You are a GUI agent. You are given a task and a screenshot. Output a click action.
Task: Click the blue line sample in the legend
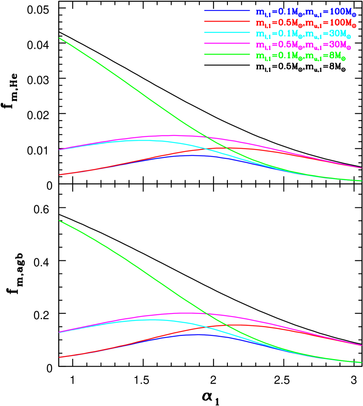pos(227,11)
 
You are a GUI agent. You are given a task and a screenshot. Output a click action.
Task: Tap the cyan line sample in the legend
pos(227,33)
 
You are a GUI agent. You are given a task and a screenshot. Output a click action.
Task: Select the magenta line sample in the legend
pos(227,44)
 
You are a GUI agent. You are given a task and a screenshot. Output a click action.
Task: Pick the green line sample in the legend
pos(227,55)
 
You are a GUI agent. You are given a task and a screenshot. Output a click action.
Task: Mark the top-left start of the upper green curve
pos(59,38)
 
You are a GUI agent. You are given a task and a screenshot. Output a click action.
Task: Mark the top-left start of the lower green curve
pos(59,221)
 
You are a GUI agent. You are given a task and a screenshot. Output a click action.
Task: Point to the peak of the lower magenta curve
pos(188,313)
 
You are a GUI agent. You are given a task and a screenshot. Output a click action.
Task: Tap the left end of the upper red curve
pos(59,175)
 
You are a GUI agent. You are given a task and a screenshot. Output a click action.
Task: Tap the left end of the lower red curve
pos(59,357)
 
